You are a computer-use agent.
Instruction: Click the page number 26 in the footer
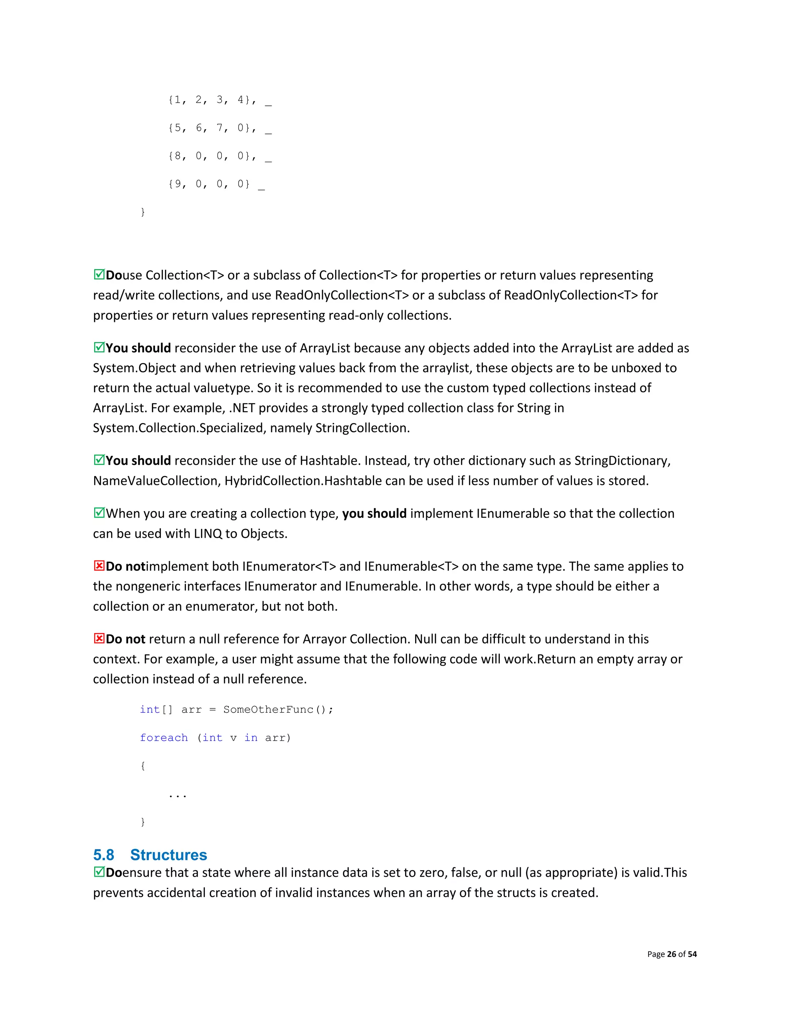(x=672, y=954)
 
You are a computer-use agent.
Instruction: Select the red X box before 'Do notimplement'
(x=99, y=566)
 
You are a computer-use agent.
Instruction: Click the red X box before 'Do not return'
(x=99, y=639)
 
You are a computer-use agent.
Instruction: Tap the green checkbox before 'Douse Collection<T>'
(x=99, y=274)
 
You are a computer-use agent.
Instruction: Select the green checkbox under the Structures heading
(x=99, y=872)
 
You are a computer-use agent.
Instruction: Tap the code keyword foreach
(x=164, y=738)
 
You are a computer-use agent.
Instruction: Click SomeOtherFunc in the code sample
(x=268, y=710)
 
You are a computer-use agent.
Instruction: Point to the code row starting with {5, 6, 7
(x=213, y=128)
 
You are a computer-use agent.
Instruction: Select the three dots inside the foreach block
(x=178, y=795)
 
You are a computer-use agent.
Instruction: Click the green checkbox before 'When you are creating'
(x=99, y=513)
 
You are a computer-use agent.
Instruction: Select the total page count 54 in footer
(x=692, y=954)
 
